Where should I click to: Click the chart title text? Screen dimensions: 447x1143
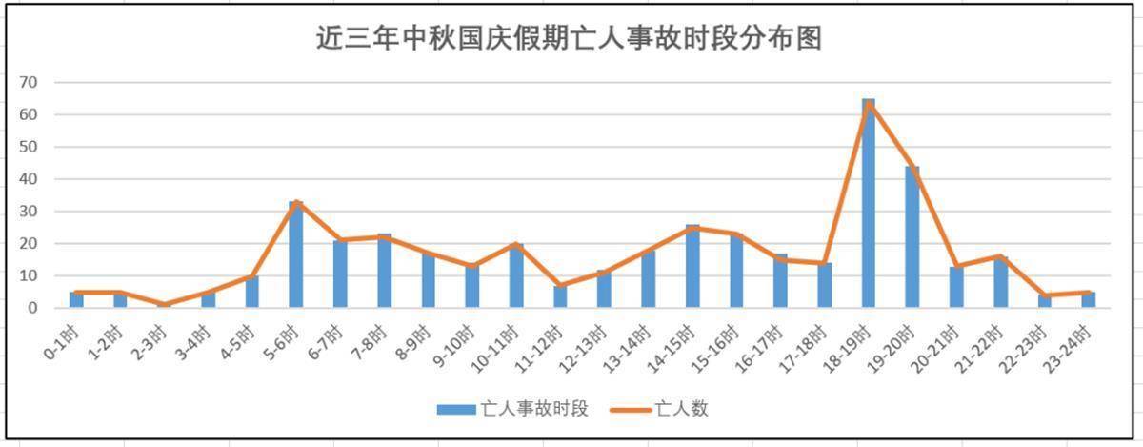pos(569,40)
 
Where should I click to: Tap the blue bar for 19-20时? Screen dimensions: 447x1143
pos(912,237)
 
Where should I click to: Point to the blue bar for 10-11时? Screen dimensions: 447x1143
pos(516,275)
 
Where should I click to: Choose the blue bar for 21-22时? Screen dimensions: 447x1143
pos(1000,282)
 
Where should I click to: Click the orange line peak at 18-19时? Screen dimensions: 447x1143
pos(868,103)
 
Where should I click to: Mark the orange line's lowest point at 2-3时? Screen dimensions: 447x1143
pos(164,305)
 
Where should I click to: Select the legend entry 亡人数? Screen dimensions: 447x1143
pos(680,409)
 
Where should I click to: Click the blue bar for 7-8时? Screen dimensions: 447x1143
pos(384,271)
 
